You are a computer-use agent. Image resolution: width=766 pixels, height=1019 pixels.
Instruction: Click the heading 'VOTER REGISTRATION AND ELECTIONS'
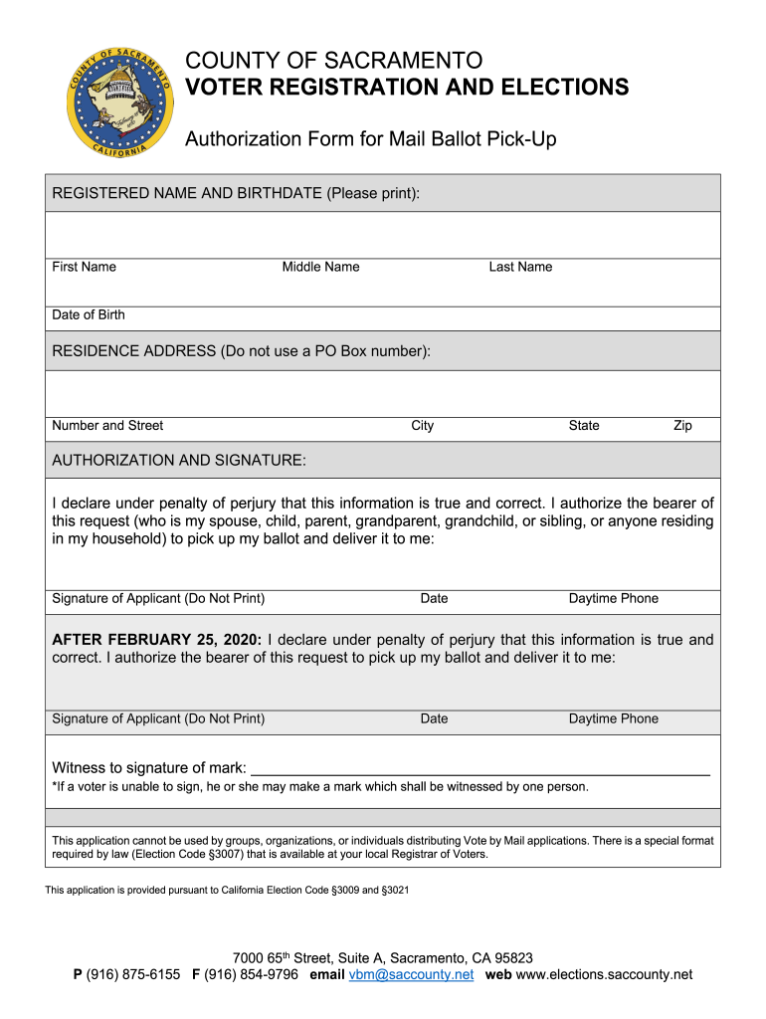[407, 88]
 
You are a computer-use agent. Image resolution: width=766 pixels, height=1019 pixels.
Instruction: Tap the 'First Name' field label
[84, 267]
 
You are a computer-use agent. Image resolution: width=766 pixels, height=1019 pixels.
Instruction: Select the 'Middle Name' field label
[320, 267]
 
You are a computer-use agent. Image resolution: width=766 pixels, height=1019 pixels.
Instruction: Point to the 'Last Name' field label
[520, 267]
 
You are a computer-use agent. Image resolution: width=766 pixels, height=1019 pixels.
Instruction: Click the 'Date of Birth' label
[89, 314]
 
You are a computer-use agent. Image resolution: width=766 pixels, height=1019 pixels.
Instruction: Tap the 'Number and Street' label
[107, 426]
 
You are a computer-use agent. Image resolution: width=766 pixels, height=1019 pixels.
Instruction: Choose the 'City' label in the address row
[423, 426]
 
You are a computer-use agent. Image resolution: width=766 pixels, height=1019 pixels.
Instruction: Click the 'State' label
[584, 426]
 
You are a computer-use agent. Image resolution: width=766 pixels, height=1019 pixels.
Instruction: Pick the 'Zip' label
[682, 426]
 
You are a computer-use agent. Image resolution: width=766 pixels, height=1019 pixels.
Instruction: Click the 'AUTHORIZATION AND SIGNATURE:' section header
[179, 461]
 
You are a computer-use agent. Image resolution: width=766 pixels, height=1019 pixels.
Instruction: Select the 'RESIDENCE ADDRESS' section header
[241, 351]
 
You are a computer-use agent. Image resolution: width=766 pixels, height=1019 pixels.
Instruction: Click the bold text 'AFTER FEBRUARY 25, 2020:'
[157, 640]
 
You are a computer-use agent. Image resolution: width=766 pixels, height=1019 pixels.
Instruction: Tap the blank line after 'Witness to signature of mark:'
[479, 767]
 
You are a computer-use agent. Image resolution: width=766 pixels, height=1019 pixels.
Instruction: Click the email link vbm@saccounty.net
[411, 975]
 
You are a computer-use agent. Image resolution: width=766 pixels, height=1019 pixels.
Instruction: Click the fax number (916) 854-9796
[251, 975]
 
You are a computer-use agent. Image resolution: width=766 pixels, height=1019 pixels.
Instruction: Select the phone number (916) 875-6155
[133, 975]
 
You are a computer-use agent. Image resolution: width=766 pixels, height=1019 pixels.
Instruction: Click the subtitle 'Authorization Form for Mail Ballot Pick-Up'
[371, 139]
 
